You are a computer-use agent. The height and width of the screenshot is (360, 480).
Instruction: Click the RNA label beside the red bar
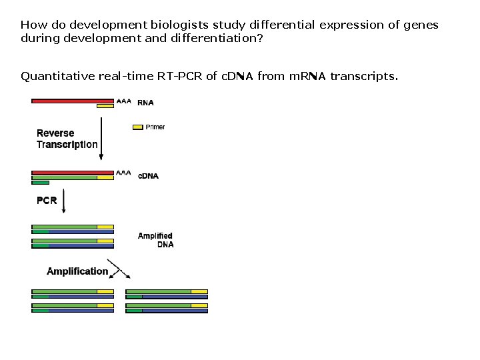pyautogui.click(x=145, y=103)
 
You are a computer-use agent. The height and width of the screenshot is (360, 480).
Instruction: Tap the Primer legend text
pyautogui.click(x=155, y=127)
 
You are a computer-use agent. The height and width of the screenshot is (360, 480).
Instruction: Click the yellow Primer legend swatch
pyautogui.click(x=138, y=127)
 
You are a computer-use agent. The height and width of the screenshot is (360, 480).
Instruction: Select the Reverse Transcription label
pyautogui.click(x=67, y=139)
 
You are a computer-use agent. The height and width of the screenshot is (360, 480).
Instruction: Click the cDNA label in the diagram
pyautogui.click(x=148, y=176)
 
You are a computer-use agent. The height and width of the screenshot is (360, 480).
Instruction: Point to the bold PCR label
pyautogui.click(x=47, y=201)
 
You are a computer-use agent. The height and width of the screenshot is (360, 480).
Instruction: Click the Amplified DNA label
pyautogui.click(x=156, y=240)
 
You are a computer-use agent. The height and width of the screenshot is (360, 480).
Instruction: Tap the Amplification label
pyautogui.click(x=77, y=271)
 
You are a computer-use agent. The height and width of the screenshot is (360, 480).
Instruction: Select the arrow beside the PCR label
pyautogui.click(x=64, y=201)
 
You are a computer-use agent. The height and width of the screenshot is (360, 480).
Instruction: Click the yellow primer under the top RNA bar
pyautogui.click(x=105, y=106)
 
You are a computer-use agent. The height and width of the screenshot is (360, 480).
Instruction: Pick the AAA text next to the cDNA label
pyautogui.click(x=123, y=173)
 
